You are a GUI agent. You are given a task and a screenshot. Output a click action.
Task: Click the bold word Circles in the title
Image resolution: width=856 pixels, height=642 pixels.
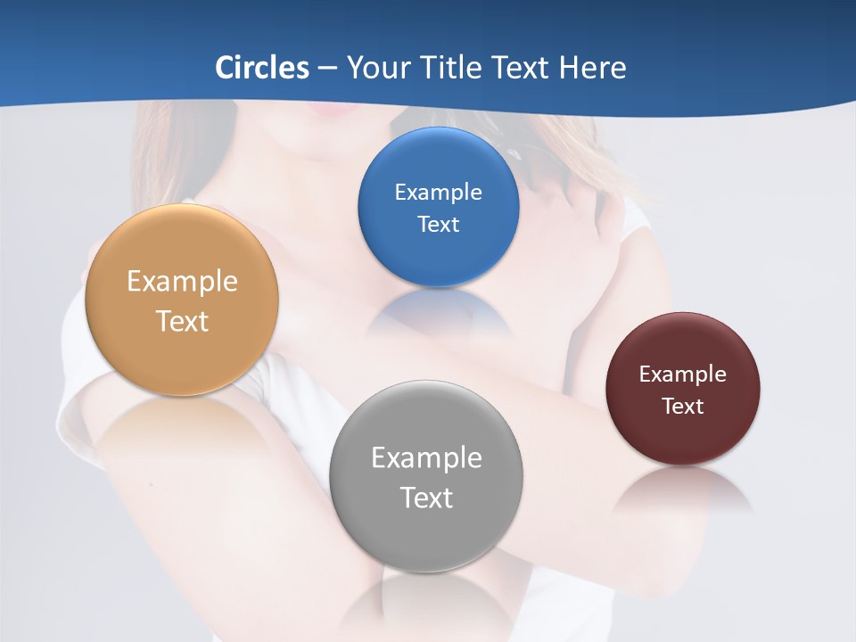[x=262, y=68]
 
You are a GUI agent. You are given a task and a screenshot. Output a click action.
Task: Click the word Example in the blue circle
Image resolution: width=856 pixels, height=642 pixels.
[x=438, y=193]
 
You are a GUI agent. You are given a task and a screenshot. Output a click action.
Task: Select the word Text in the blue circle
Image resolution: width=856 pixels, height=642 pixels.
[x=438, y=224]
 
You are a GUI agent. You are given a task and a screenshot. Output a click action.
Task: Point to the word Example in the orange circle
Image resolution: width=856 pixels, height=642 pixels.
[x=182, y=282]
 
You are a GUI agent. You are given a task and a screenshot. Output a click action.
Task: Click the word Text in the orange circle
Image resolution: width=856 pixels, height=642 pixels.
[x=182, y=321]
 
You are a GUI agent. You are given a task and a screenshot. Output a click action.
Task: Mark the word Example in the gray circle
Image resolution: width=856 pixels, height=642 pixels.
[x=426, y=458]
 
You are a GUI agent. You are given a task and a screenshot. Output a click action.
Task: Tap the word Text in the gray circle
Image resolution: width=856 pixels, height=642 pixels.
[x=426, y=498]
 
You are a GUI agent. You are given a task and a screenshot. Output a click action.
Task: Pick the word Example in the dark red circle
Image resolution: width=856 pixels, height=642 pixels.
[x=682, y=374]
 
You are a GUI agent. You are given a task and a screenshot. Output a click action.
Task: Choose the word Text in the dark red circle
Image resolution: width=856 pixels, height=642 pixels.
[x=682, y=407]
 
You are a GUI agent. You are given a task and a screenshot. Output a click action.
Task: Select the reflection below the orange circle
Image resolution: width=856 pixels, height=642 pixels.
[x=182, y=419]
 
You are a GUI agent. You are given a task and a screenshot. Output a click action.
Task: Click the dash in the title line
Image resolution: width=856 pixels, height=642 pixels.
[x=327, y=68]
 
